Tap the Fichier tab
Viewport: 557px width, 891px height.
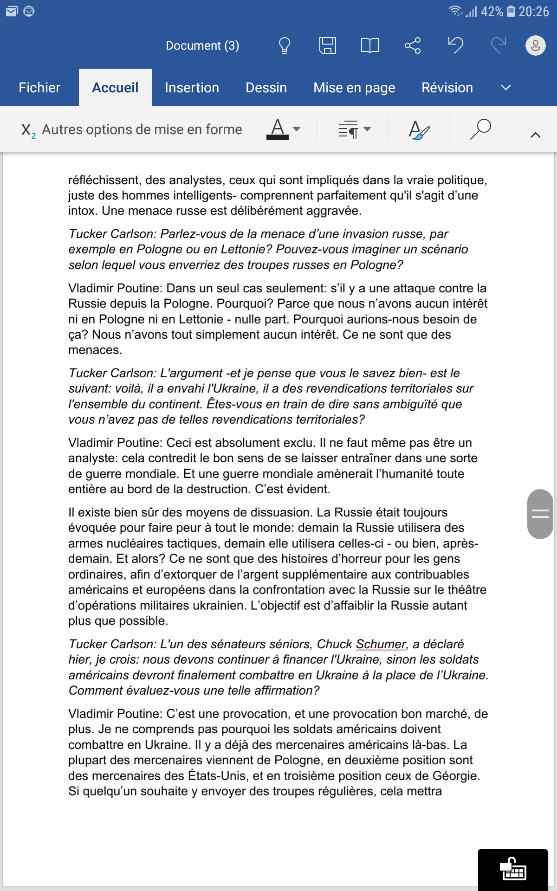(x=39, y=88)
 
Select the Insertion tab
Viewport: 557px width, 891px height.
(x=192, y=88)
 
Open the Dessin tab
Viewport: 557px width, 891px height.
(x=266, y=88)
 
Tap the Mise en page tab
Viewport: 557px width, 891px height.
(x=354, y=88)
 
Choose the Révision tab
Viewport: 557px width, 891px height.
(x=447, y=88)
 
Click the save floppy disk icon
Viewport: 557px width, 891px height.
(x=327, y=45)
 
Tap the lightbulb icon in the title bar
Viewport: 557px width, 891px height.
(x=284, y=45)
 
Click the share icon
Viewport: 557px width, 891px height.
(x=412, y=45)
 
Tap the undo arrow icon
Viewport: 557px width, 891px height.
(x=455, y=45)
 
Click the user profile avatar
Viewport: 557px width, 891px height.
(x=535, y=45)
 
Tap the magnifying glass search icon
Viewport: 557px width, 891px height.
(x=480, y=129)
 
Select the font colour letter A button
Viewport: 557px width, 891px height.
(x=278, y=129)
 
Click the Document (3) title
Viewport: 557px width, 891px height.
(x=202, y=45)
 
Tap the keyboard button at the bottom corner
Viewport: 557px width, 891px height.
(x=512, y=870)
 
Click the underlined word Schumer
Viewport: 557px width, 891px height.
(x=381, y=644)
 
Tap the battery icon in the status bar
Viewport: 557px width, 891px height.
(x=511, y=11)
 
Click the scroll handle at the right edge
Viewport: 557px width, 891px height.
(x=540, y=514)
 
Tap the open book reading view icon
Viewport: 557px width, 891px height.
(x=369, y=45)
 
